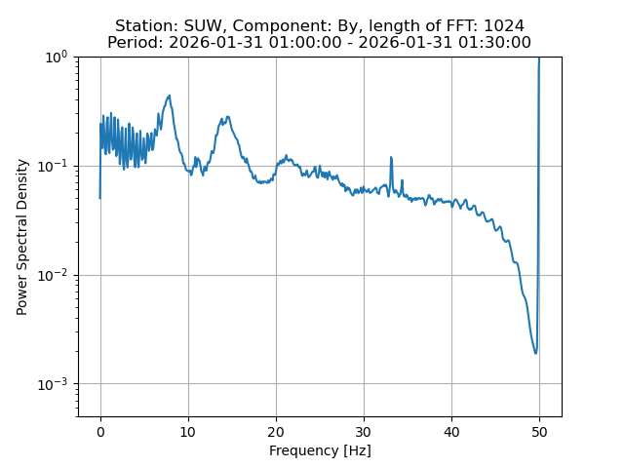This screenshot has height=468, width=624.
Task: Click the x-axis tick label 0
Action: pos(100,431)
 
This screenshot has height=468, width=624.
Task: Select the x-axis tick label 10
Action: pos(188,431)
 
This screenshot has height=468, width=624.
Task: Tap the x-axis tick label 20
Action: pos(276,431)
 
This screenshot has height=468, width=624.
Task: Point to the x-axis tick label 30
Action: pos(364,431)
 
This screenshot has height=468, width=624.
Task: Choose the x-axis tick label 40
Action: pos(451,431)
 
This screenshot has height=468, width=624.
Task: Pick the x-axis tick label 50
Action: pos(539,431)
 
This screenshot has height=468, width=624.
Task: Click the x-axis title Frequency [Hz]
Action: pos(320,450)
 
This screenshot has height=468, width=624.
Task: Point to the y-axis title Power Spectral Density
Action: pos(22,237)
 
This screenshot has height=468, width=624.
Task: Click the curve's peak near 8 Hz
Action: pos(170,96)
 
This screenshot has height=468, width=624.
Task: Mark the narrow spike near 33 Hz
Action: pos(391,157)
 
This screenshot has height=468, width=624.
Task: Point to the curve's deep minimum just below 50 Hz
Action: pos(535,352)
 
